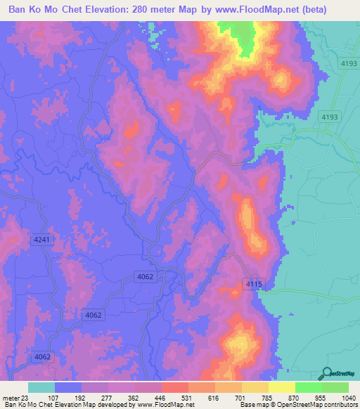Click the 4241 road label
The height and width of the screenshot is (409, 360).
click(42, 240)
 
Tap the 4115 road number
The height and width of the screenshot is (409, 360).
click(254, 283)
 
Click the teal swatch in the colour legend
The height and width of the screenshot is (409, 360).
click(41, 388)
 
